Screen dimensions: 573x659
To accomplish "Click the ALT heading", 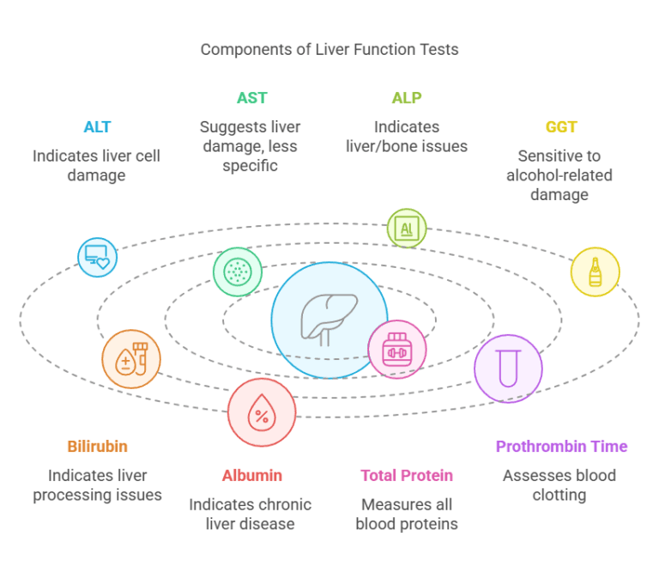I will point(97,127).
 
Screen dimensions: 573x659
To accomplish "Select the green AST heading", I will point(251,98).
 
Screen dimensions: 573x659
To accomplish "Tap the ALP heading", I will point(407,98).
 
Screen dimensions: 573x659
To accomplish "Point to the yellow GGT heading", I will point(561,127).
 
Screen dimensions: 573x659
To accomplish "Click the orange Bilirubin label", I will point(97,447).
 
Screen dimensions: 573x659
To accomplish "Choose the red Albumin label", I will point(251,475).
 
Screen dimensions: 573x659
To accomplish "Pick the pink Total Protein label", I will point(407,475).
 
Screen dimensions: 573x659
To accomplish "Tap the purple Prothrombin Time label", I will point(561,447).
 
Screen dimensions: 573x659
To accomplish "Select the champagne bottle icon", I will point(596,271).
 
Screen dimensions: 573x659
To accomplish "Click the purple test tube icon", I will point(508,369).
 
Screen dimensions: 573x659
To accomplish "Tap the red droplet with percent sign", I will point(261,412).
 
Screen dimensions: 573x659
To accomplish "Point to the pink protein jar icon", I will point(396,349).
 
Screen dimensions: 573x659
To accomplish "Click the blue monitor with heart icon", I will point(97,257).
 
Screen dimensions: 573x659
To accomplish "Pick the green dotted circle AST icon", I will point(237,271).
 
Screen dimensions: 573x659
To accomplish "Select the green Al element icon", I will point(407,229).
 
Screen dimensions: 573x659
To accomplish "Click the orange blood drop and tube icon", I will point(131,359).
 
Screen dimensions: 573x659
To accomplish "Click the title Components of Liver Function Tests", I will point(329,50).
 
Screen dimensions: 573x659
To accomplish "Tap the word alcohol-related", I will point(559,175).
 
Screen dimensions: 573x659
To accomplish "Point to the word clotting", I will point(559,495).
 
